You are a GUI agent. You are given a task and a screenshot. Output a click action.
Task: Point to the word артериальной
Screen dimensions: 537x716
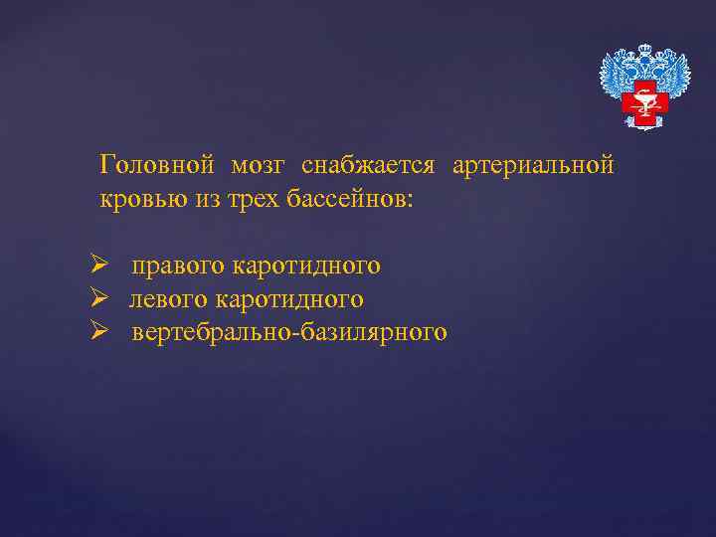click(x=533, y=165)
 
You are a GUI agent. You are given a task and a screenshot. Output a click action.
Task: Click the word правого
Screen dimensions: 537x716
click(x=178, y=266)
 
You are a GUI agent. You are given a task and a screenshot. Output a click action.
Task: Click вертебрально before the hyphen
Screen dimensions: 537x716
click(x=210, y=332)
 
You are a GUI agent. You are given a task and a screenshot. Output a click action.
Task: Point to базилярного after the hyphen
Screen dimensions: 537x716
click(x=372, y=332)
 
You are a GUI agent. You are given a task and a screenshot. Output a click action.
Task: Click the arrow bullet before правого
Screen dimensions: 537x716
click(x=97, y=266)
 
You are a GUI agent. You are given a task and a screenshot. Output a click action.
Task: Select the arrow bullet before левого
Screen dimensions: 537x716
click(x=97, y=298)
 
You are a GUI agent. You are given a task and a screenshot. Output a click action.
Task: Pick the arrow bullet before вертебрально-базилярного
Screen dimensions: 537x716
click(x=97, y=332)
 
